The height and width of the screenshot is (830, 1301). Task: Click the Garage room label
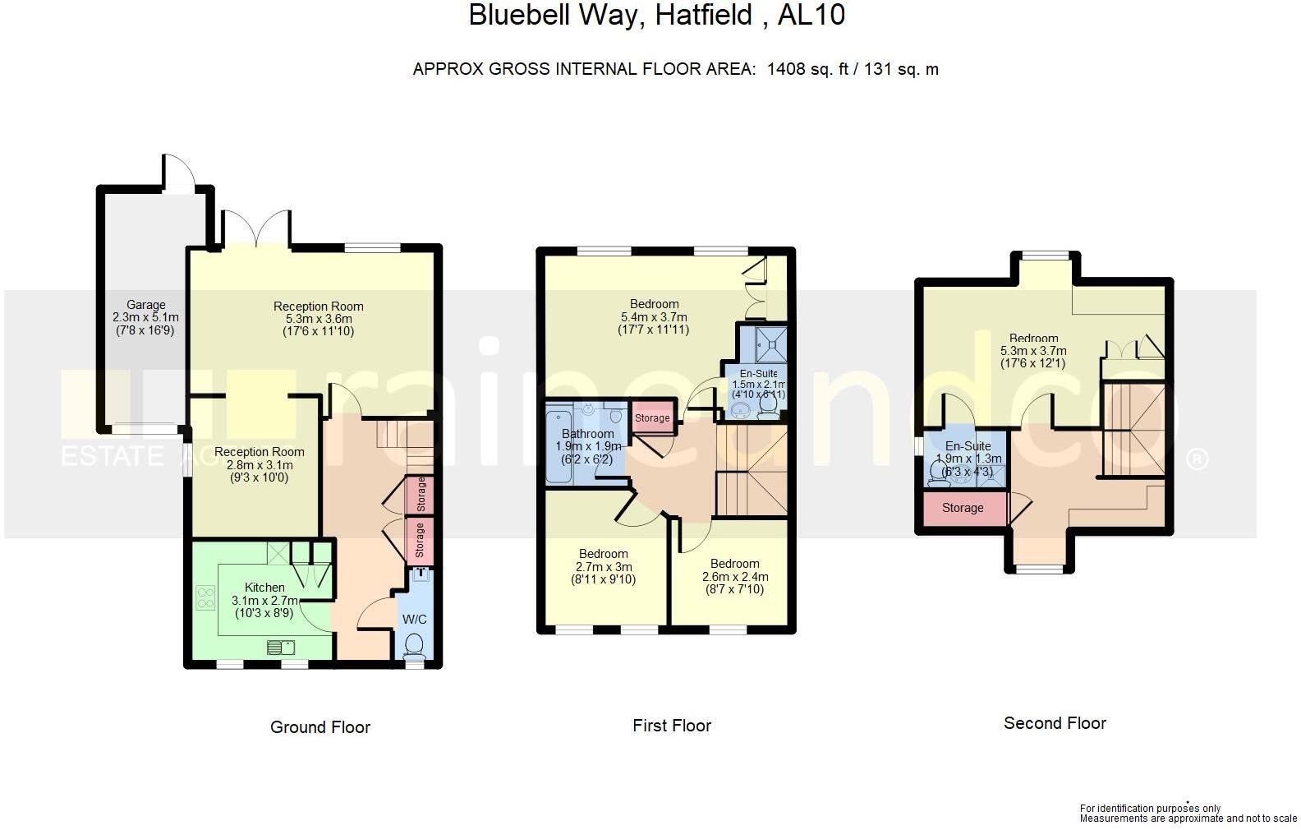[145, 305]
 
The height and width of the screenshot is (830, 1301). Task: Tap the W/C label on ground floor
[414, 620]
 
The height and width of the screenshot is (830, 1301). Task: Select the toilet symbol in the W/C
[415, 645]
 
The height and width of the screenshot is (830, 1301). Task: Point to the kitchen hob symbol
[205, 597]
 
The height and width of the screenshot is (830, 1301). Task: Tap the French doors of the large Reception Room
[256, 228]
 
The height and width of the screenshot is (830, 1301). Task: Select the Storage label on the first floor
[652, 418]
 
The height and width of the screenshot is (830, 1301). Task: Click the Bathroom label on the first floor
[587, 434]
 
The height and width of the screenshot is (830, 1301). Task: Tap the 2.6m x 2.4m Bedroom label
[734, 564]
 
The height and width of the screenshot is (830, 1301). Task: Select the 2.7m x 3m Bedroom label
[603, 554]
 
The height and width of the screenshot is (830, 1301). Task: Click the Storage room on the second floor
[963, 508]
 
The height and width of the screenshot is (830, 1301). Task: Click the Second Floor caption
[1055, 723]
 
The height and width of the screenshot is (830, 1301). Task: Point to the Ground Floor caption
[320, 727]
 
